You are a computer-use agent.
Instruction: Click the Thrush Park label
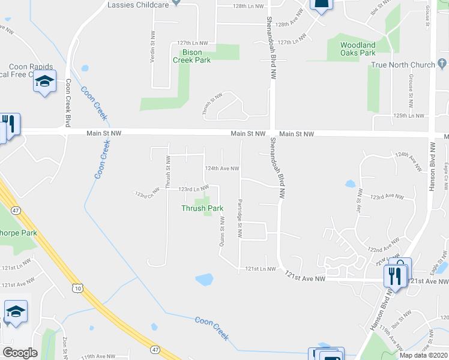tap(202, 208)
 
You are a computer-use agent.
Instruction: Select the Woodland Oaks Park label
tap(358, 49)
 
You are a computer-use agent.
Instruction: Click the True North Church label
tap(406, 65)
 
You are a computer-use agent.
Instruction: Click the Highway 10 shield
tap(78, 289)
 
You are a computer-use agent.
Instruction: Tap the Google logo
tap(20, 352)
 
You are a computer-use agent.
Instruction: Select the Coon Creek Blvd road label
tap(68, 103)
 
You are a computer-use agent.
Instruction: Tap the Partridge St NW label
tap(240, 219)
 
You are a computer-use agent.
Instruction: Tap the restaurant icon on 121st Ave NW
tap(394, 275)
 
